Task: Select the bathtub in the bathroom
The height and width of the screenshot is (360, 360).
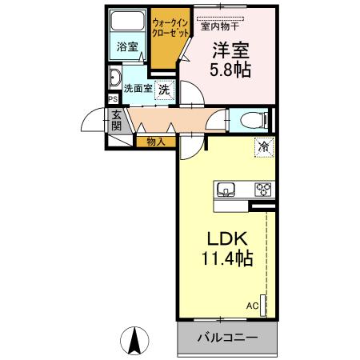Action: click(x=126, y=23)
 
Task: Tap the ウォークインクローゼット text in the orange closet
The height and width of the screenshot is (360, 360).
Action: click(x=171, y=30)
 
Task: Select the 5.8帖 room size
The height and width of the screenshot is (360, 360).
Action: click(x=230, y=70)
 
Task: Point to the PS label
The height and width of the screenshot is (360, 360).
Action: click(x=112, y=100)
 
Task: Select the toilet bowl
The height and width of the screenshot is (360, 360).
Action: click(x=251, y=121)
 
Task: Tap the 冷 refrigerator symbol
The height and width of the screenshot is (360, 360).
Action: click(x=262, y=147)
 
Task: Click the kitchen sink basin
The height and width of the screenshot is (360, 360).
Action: click(x=226, y=190)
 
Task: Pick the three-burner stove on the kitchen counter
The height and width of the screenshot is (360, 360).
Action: click(x=262, y=190)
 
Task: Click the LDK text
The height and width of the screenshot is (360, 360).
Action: click(x=230, y=239)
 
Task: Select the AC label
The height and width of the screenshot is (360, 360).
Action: click(x=252, y=306)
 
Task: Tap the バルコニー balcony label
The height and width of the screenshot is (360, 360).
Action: click(x=227, y=338)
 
